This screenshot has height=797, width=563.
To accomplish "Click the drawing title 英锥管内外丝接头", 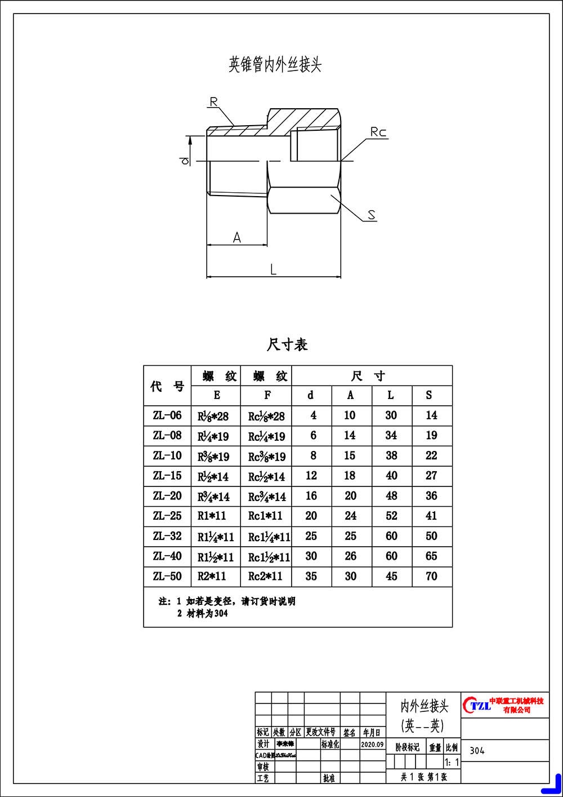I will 275,64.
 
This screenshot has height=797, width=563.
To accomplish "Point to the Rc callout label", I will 378,132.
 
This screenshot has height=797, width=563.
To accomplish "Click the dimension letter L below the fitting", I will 274,269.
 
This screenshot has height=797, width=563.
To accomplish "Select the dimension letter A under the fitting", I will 237,238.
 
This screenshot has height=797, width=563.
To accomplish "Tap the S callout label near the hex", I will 372,215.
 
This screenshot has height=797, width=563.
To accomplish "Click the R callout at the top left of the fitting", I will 213,102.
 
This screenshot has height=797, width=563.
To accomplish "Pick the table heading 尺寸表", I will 287,344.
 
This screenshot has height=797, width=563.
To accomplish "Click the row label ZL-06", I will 167,415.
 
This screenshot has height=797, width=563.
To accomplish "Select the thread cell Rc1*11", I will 265,516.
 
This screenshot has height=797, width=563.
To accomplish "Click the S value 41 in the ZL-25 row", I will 431,516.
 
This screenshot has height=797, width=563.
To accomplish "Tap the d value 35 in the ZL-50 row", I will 311,576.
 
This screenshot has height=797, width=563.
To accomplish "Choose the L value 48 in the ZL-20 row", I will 391,496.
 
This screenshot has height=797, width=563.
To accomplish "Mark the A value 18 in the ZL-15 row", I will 350,476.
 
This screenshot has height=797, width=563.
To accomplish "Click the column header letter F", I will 267,395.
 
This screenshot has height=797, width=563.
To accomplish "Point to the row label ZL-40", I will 167,556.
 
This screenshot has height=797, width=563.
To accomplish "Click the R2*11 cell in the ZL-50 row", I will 212,576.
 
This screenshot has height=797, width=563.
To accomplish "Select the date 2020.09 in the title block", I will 372,745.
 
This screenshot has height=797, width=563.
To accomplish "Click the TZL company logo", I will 477,705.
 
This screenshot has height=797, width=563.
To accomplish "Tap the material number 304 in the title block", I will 477,751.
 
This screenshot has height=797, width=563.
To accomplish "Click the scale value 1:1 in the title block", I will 452,763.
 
